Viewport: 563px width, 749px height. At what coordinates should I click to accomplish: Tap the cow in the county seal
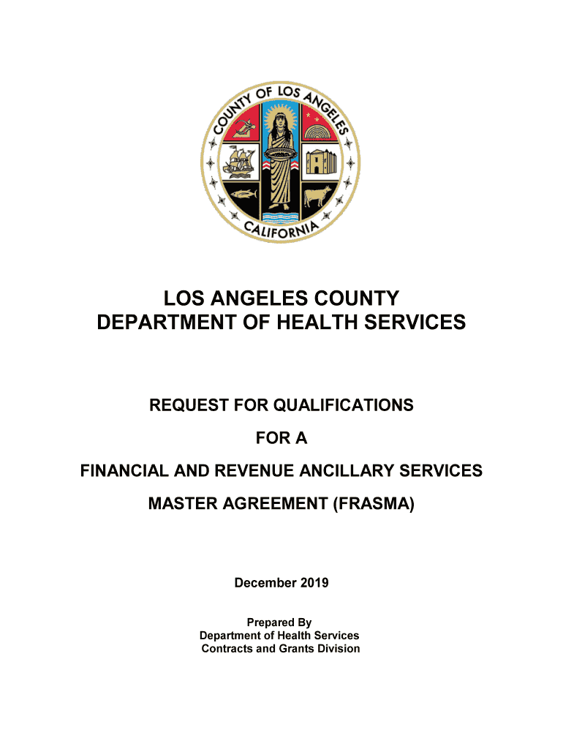point(319,197)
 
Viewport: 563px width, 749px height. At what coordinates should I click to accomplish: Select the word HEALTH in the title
point(352,322)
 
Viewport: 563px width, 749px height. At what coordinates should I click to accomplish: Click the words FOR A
point(281,438)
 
